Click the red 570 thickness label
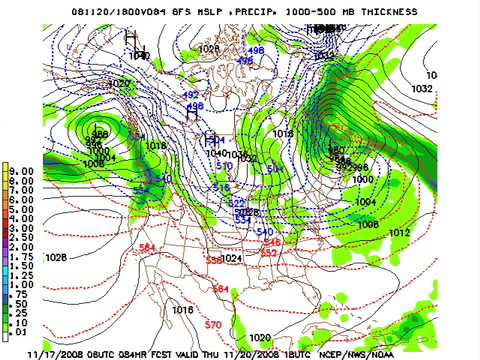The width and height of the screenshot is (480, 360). click(212, 325)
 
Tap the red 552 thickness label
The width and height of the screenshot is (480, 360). click(269, 253)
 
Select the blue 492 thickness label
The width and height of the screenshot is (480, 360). click(191, 95)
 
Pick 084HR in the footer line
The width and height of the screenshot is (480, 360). click(160, 352)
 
